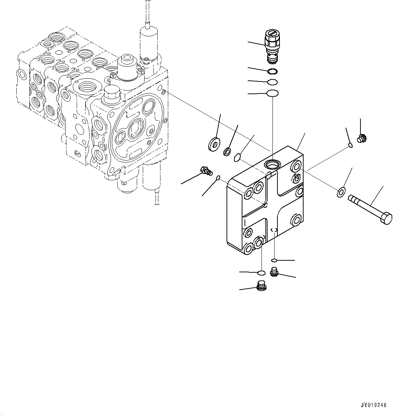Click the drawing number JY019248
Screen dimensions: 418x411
click(374, 405)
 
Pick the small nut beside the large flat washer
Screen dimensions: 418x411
click(227, 152)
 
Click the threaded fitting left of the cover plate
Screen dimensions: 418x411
click(206, 171)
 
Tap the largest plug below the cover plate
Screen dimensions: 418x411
click(261, 286)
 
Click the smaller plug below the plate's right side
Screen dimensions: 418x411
click(274, 272)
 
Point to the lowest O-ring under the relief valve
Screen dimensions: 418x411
click(272, 93)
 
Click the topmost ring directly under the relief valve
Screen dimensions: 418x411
click(272, 72)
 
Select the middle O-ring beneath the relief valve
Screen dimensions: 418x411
click(272, 82)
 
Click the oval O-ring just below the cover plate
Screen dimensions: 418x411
click(262, 273)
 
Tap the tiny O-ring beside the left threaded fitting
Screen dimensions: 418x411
click(219, 177)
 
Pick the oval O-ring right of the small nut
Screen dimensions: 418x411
click(238, 157)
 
